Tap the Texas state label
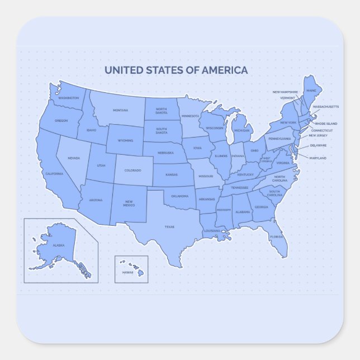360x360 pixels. [169, 227]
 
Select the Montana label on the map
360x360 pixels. [120, 110]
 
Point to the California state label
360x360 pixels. [54, 174]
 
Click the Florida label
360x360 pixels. [277, 237]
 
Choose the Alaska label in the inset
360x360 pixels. [59, 245]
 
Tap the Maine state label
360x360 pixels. [311, 90]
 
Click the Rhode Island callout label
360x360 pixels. [326, 123]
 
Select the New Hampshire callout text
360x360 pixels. [285, 92]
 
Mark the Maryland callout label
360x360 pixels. [318, 158]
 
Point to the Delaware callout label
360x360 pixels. [318, 145]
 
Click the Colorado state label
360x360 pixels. [132, 170]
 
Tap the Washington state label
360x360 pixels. [68, 98]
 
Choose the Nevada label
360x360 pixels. [74, 158]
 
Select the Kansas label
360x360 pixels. [172, 175]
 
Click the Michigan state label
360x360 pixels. [241, 131]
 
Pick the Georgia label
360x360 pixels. [261, 207]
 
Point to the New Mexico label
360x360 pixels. [129, 203]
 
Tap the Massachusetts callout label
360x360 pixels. [325, 106]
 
